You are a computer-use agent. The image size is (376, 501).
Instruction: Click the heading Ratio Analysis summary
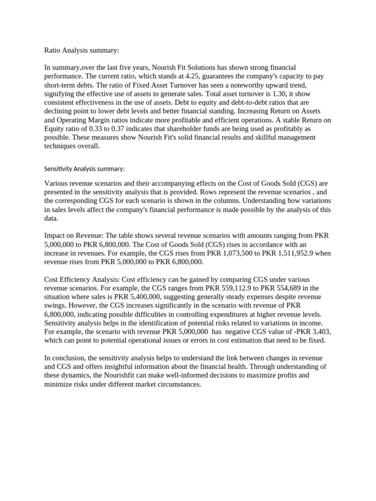coord(82,50)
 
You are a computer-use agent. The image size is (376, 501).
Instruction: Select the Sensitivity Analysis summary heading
coord(84,169)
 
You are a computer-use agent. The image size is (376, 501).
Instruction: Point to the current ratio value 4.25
coord(202,76)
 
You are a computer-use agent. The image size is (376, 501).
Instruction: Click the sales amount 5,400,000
coord(139,297)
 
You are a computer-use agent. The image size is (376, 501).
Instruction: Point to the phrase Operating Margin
coord(87,120)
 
